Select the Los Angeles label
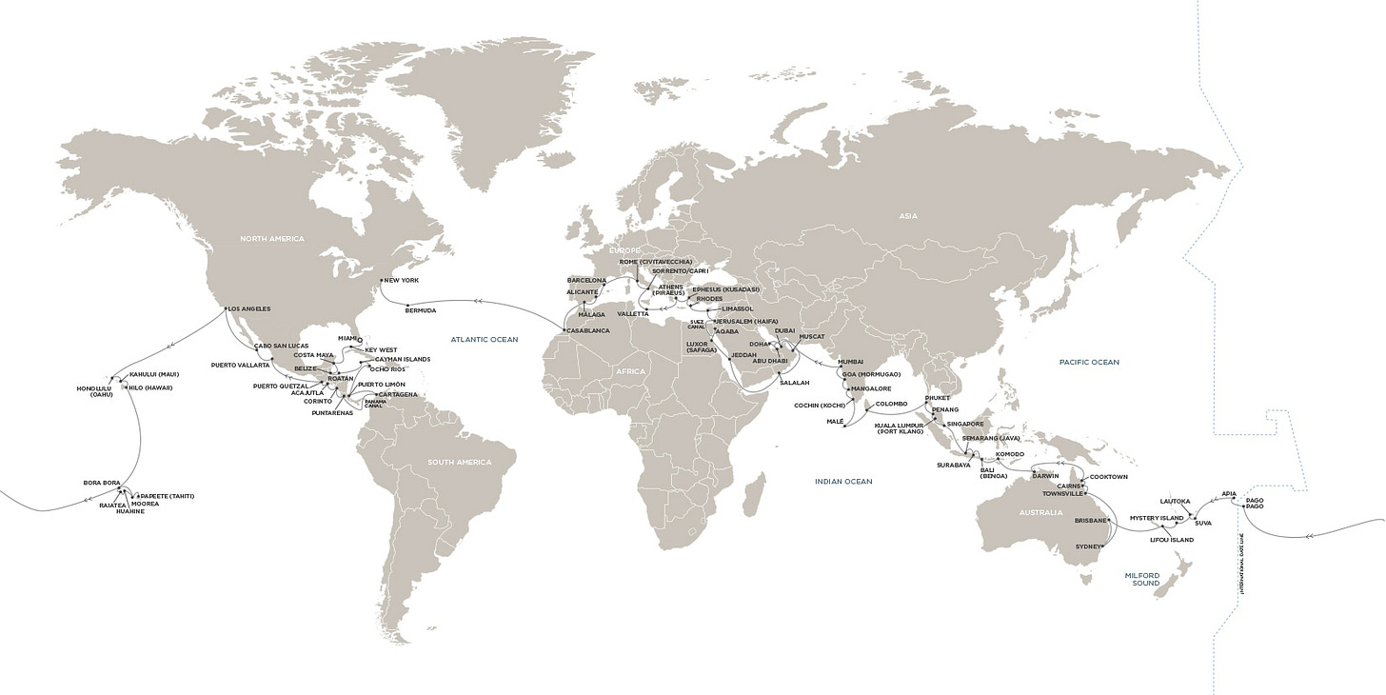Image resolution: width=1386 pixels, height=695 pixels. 248,308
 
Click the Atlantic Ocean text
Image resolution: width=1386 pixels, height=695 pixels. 485,338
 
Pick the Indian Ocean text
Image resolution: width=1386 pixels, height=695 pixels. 843,482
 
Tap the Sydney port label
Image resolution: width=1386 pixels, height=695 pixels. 1086,547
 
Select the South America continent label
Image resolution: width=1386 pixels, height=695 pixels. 460,463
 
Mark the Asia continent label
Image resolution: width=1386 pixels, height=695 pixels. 907,216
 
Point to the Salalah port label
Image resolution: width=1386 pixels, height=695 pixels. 795,382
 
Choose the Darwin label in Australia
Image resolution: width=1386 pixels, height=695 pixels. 1044,476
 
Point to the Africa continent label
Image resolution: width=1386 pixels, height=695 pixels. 630,370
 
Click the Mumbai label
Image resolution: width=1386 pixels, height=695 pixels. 850,363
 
